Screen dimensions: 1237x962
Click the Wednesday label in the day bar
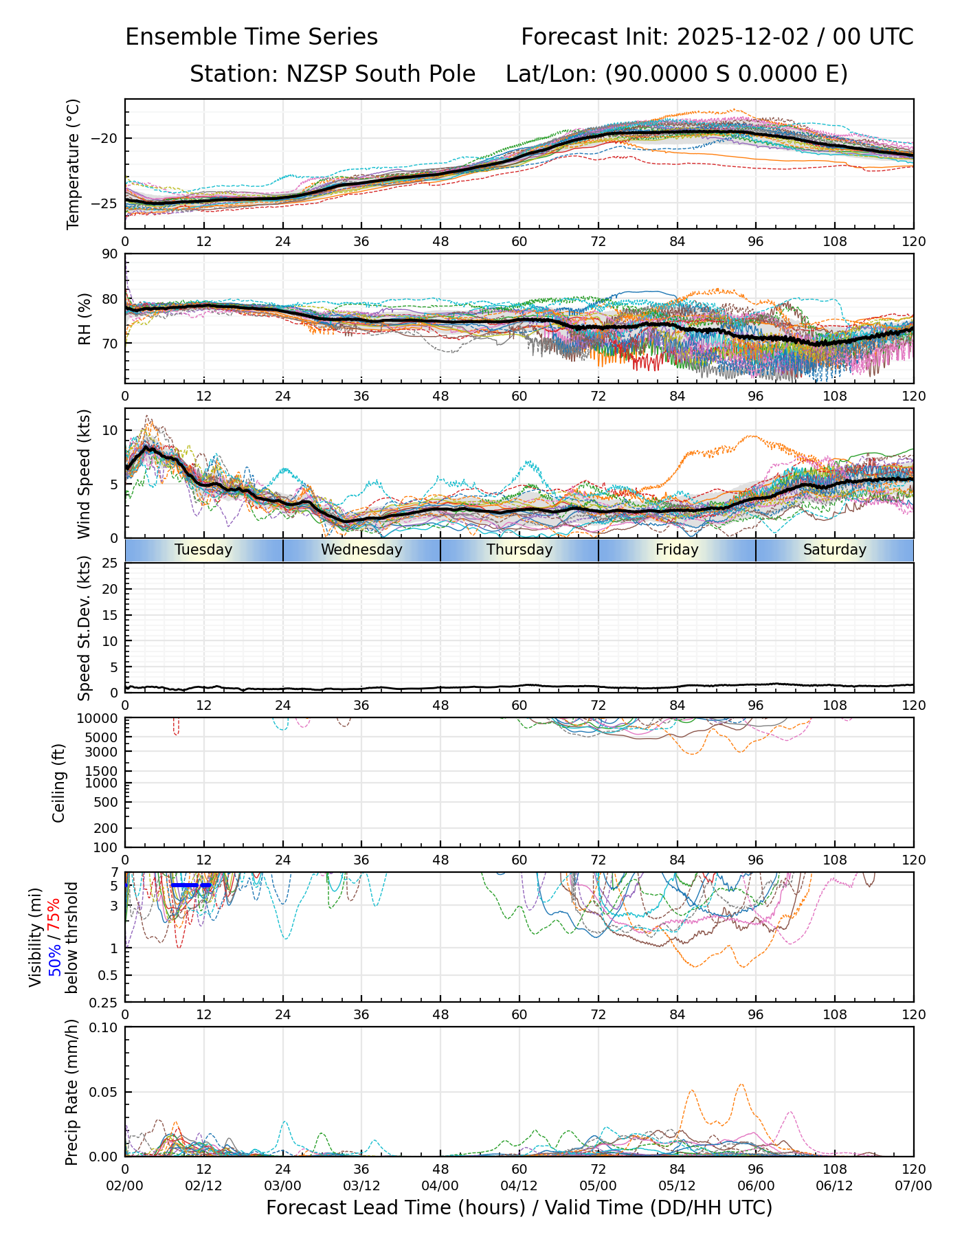(x=361, y=550)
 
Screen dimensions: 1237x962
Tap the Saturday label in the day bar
(x=835, y=550)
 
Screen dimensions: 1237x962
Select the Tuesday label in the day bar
(x=203, y=550)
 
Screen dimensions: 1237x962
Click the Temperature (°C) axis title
(x=74, y=164)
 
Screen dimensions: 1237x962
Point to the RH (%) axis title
(x=85, y=319)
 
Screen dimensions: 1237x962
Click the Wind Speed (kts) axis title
(x=84, y=473)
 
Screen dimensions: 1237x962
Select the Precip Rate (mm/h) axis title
(x=71, y=1092)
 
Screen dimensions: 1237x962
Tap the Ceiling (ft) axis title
(x=59, y=783)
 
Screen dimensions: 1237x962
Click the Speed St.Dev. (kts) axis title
(x=84, y=628)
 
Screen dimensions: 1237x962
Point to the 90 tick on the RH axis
(x=111, y=254)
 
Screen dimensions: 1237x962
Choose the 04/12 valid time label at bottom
(x=519, y=1186)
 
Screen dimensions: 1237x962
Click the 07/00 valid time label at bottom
(x=913, y=1186)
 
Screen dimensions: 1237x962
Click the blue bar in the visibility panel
(x=191, y=885)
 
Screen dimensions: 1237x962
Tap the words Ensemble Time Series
(x=251, y=37)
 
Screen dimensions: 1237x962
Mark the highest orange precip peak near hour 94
(x=741, y=1084)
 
